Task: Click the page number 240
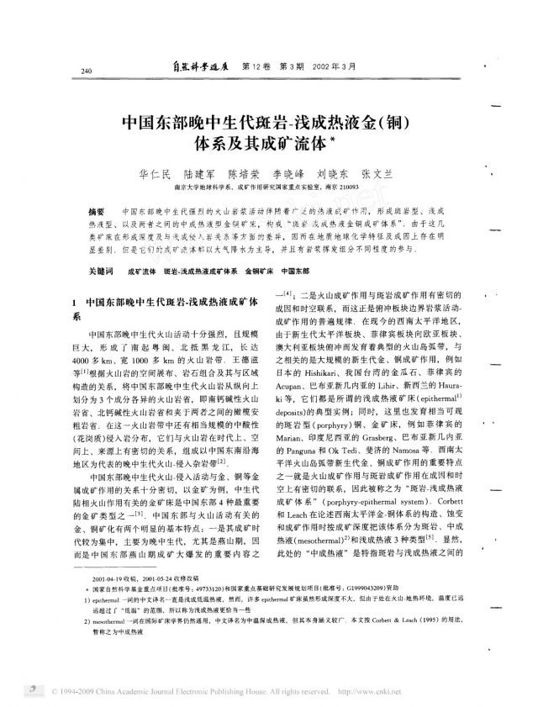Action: (x=87, y=71)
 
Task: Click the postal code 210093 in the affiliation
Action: (x=347, y=188)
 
